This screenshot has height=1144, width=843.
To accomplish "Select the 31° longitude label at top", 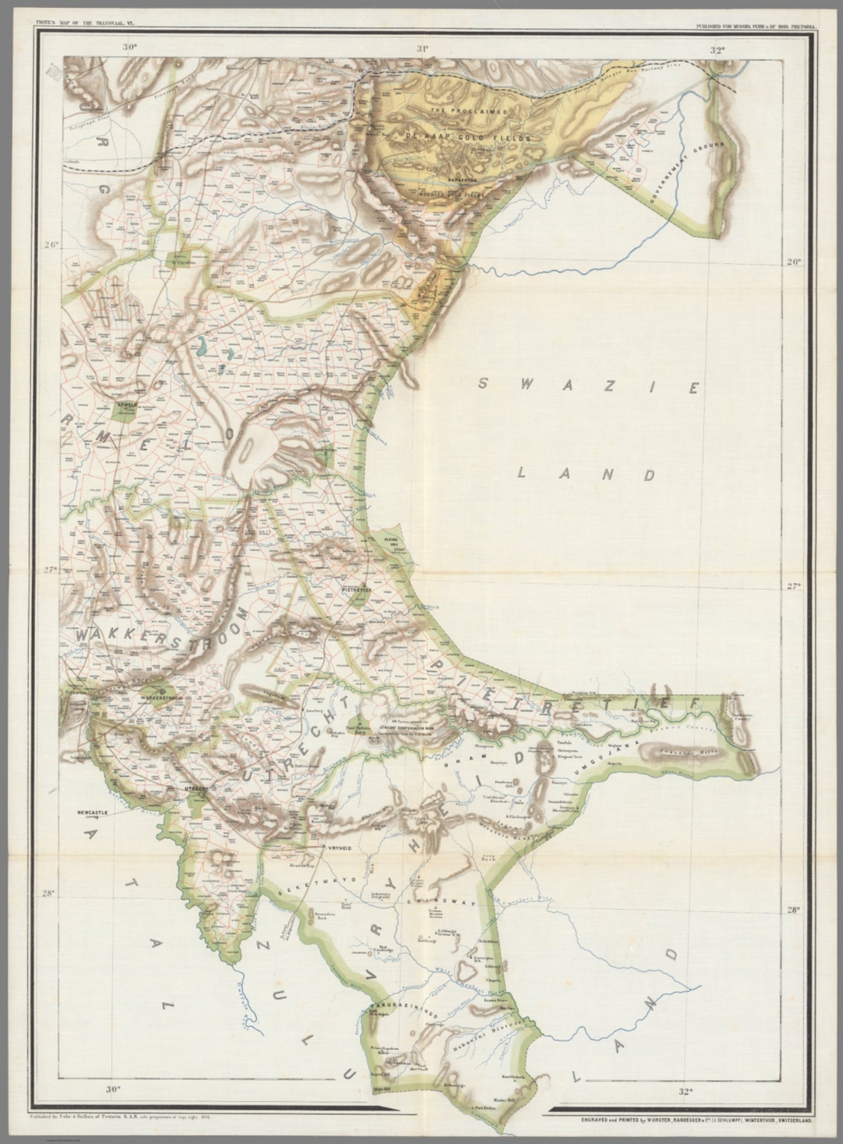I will (x=423, y=50).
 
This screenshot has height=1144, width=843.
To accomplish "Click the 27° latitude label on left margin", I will (x=49, y=571).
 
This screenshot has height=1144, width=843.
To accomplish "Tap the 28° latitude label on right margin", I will (x=792, y=909).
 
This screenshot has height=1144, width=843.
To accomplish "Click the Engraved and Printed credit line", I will (x=683, y=1119).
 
